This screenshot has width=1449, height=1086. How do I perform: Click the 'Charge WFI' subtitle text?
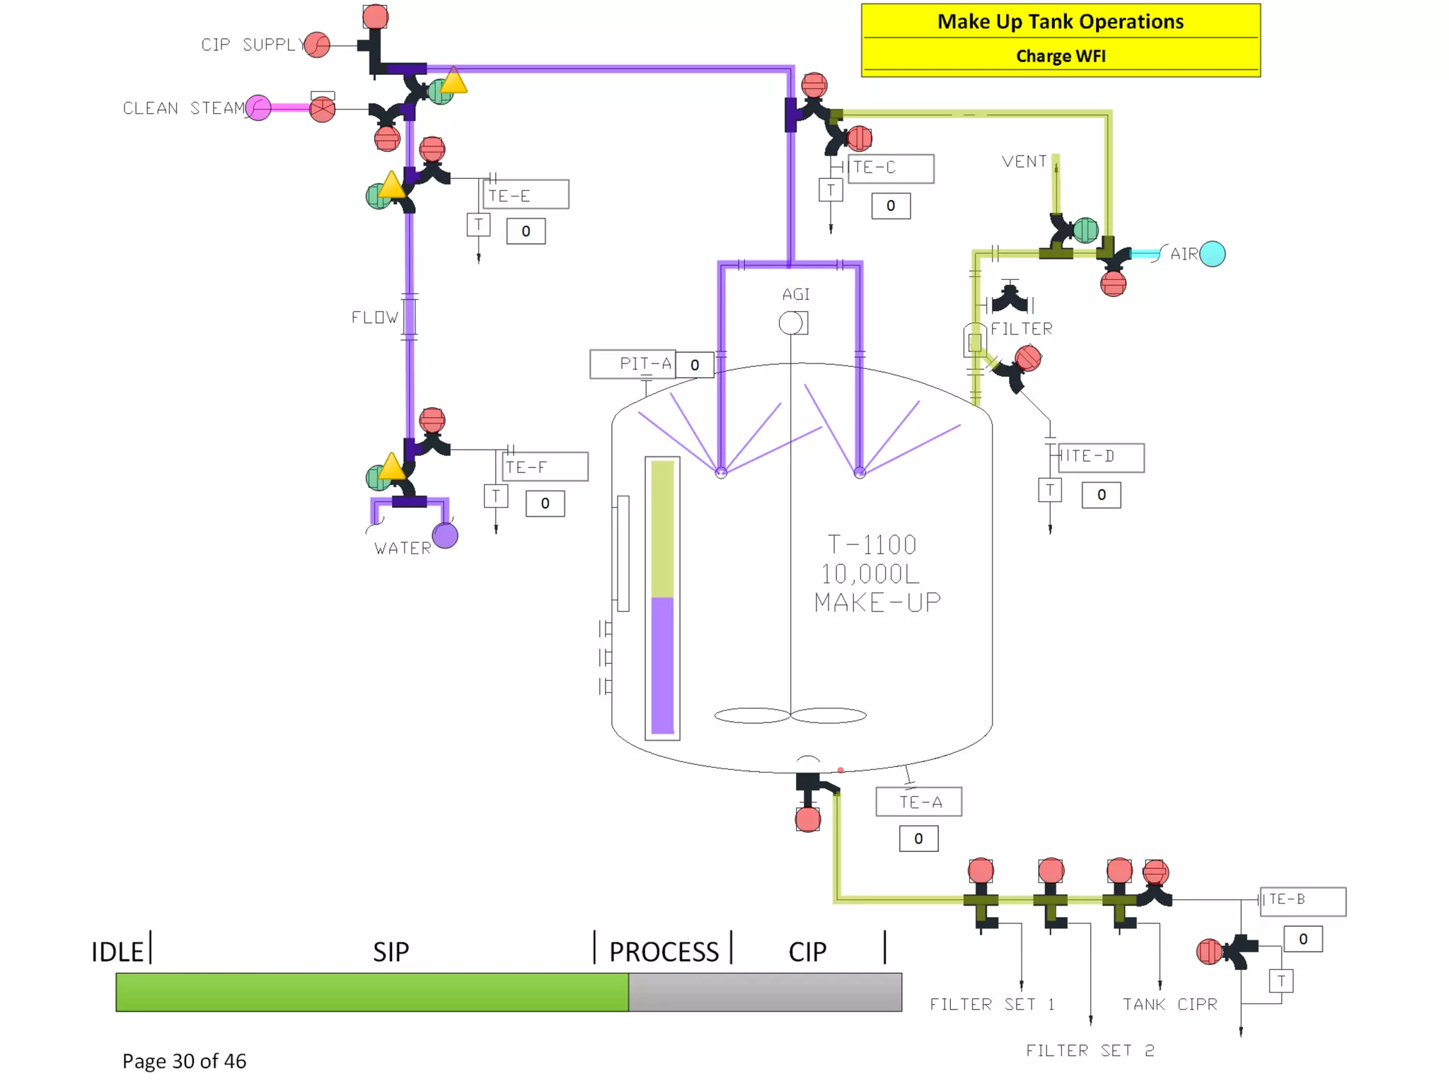pos(1060,56)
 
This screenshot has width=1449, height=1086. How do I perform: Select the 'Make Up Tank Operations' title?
pos(1060,22)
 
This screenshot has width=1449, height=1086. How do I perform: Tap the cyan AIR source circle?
pos(1212,254)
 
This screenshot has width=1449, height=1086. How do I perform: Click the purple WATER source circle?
pos(445,535)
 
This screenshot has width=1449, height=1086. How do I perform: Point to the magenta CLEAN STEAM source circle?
pos(258,108)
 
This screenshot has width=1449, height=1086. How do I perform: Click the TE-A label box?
pos(918,802)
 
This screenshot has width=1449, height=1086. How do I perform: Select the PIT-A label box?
pos(633,364)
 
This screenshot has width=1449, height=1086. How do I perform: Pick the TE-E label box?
pos(526,194)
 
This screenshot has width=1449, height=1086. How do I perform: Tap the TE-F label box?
pos(545,467)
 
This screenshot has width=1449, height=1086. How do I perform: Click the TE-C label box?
pos(890,168)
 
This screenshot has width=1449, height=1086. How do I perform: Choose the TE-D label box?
pos(1100,457)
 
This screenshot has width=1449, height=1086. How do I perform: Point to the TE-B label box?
pos(1303,901)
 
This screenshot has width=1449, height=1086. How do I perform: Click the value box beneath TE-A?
pos(918,839)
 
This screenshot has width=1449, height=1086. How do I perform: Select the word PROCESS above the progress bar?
pos(664,952)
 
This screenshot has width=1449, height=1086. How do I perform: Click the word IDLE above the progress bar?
pos(117,952)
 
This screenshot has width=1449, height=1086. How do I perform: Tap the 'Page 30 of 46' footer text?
pos(184,1061)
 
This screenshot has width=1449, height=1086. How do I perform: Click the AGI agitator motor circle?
pos(790,323)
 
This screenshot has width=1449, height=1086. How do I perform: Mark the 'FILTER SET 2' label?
pos(1090,1051)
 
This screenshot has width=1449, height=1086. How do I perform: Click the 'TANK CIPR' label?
pos(1170,1004)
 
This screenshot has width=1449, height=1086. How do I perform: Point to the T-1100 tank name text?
pos(872,545)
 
